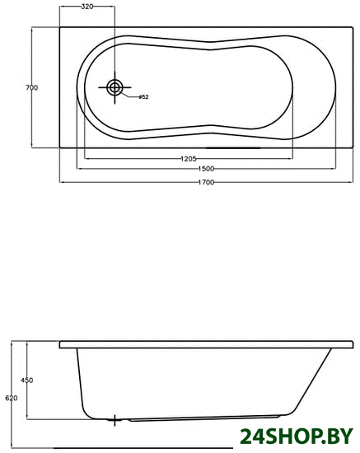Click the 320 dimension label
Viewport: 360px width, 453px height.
tap(87, 7)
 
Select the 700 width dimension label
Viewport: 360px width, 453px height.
tap(32, 87)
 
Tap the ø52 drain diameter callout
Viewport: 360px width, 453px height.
tap(143, 97)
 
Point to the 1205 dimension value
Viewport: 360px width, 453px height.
tap(189, 159)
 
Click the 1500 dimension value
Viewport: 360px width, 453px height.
tap(206, 168)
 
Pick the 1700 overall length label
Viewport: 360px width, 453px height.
tap(206, 182)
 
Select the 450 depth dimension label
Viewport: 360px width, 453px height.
tap(27, 381)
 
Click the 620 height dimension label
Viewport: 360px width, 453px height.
tap(12, 398)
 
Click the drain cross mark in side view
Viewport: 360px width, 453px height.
tap(115, 420)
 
